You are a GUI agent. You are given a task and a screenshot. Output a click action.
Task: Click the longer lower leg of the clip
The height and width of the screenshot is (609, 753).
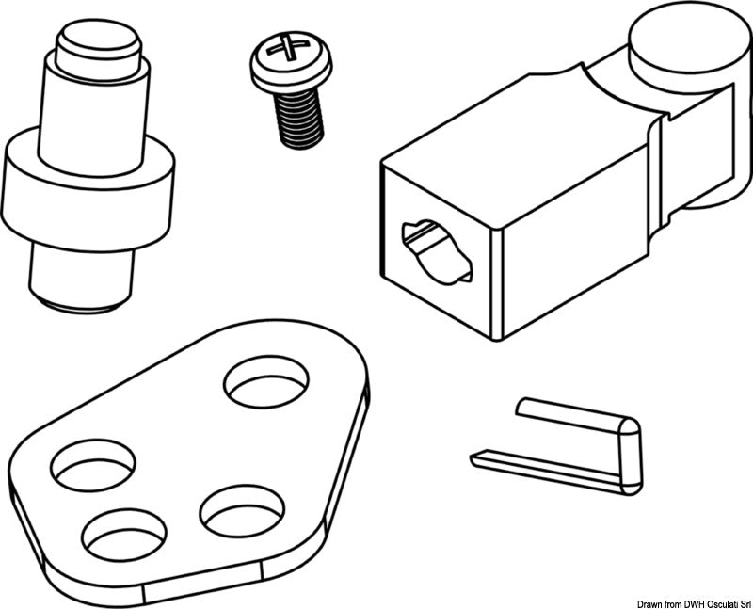(x=546, y=467)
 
